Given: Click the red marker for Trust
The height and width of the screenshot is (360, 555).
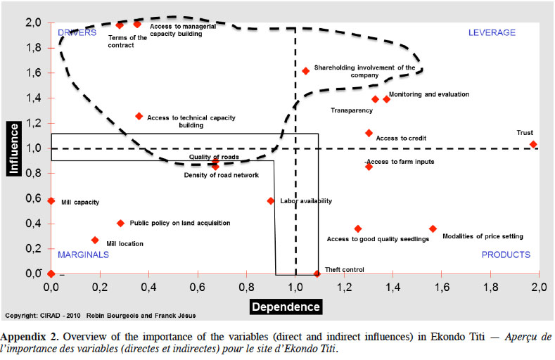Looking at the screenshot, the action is [533, 144].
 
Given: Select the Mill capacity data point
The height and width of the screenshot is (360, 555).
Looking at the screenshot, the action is [51, 201].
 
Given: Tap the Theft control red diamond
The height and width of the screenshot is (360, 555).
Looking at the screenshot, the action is [317, 274].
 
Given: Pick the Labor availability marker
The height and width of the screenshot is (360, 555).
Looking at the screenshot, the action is [271, 201].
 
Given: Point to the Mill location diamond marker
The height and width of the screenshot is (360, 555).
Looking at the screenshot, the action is [95, 240].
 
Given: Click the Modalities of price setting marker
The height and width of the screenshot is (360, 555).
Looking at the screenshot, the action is [433, 229].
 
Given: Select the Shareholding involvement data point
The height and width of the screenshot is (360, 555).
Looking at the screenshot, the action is [305, 71].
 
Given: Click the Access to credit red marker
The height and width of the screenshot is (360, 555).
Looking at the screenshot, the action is [369, 133].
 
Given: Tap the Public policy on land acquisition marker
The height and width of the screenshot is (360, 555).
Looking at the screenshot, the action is [121, 223].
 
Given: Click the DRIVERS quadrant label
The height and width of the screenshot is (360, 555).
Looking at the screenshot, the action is [77, 32].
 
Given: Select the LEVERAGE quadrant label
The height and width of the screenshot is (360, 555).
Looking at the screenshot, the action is [492, 32].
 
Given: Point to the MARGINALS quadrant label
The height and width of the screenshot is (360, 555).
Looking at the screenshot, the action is [84, 255].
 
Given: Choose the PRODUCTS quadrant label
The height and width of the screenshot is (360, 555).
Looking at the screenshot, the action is [506, 255].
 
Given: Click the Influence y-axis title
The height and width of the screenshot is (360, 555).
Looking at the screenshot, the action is [14, 148].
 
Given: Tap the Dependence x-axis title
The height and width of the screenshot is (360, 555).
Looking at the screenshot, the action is [286, 307].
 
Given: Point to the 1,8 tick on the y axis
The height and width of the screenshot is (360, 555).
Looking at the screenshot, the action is [34, 48].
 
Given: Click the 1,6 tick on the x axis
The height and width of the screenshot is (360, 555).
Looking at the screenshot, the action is [442, 287].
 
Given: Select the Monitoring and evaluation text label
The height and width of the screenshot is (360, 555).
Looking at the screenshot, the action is [429, 94].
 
